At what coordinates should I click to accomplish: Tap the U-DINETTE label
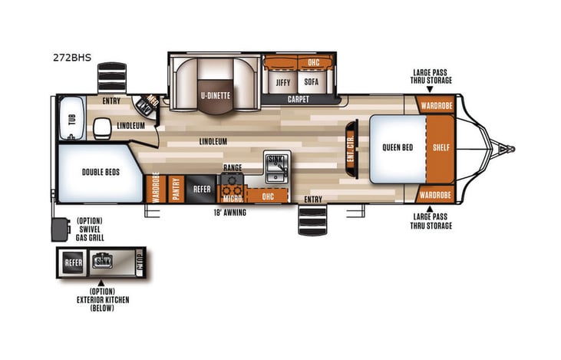tap(216, 95)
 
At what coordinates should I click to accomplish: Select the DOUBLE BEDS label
tap(97, 173)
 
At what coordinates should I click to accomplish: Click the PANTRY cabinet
tap(176, 189)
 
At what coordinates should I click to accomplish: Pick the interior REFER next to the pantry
tap(202, 189)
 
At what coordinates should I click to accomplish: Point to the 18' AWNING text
tap(230, 213)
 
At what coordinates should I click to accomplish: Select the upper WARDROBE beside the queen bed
tap(435, 104)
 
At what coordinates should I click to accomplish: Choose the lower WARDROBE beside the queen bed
tap(435, 195)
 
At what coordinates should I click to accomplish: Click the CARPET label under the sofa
tap(299, 100)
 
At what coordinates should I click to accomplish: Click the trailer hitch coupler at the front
tap(505, 148)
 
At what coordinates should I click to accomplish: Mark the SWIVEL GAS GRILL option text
tap(90, 230)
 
